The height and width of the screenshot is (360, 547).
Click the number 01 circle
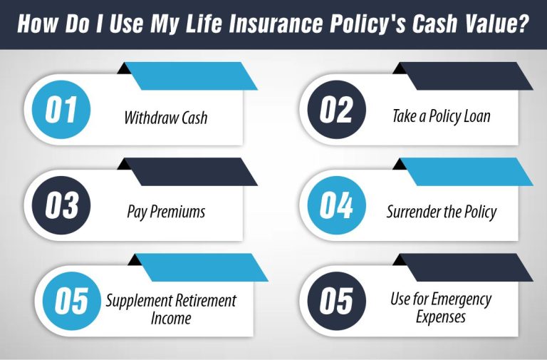click(61, 110)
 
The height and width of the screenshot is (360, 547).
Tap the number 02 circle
click(336, 110)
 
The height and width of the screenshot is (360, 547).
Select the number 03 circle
click(61, 205)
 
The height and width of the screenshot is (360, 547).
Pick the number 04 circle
click(336, 205)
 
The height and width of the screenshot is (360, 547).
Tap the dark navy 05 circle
click(336, 300)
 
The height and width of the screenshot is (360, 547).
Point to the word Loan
click(474, 115)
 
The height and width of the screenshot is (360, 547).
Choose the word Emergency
click(462, 299)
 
